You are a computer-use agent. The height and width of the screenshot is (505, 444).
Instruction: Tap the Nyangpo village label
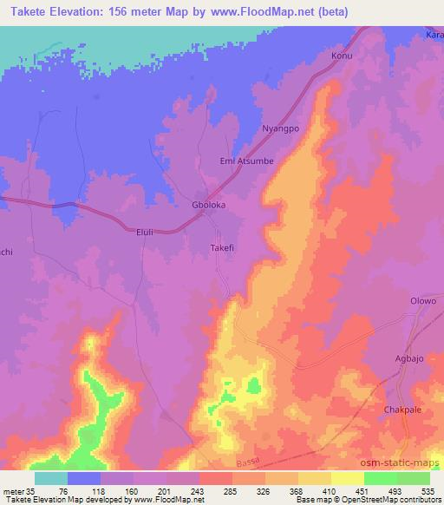[x=280, y=129]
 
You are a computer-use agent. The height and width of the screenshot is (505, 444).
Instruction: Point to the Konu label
[x=343, y=56]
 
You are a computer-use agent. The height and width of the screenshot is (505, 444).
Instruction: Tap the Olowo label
[x=422, y=301]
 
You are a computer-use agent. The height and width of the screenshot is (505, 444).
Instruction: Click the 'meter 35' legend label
[x=17, y=491]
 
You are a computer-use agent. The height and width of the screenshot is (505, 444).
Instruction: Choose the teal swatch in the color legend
[x=50, y=478]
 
